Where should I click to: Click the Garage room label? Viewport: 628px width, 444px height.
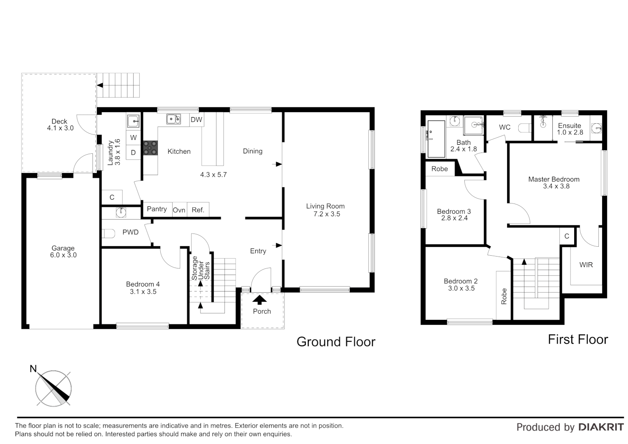point(63,248)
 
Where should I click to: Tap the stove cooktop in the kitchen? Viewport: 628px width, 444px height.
point(150,148)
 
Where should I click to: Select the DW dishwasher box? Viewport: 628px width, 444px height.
point(196,120)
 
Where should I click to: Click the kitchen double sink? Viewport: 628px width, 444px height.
point(173,119)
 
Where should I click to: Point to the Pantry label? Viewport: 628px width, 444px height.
point(157,209)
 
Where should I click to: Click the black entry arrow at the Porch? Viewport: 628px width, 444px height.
point(259,299)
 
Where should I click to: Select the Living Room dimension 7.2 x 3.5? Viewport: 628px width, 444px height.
point(326,214)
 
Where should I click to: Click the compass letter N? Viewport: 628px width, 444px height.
point(33,369)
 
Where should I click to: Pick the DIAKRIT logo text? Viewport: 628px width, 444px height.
point(601,427)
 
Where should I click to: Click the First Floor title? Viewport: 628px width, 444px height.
point(577,340)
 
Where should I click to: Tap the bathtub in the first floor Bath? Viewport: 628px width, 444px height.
point(436,139)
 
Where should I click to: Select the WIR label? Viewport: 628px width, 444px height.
point(586,265)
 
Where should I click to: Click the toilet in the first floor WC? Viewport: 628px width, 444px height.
point(524,128)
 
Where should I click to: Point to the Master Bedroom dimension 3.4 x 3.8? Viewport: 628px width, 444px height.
point(556,186)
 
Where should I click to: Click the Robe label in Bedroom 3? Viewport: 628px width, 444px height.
point(439,169)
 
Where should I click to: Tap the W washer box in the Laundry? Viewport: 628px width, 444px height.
point(133,138)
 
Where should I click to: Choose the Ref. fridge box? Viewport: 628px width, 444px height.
point(198,210)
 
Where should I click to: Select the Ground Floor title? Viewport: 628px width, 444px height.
point(336,342)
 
